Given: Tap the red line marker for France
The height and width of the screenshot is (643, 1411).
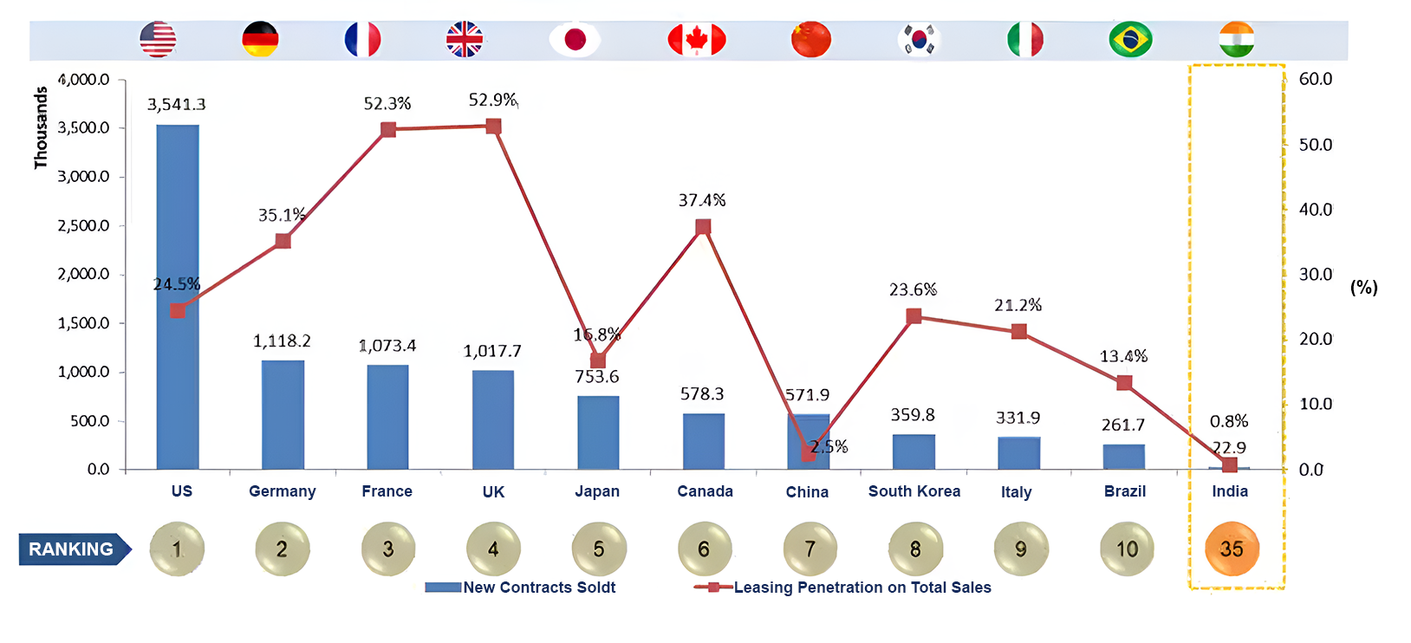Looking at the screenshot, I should point(388,130).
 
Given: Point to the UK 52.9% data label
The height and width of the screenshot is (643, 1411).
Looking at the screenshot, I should point(492,100).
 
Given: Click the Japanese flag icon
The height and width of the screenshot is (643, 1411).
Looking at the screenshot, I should point(575,39).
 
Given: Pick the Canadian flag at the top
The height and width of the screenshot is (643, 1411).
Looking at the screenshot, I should point(696,39).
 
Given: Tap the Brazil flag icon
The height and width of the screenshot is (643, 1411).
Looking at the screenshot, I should point(1130,39).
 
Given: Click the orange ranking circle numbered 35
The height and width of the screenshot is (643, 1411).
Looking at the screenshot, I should point(1232,549).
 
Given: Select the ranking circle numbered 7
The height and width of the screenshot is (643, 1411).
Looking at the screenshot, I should point(810,549).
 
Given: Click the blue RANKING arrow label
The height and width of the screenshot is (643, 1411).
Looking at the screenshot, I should point(74,549).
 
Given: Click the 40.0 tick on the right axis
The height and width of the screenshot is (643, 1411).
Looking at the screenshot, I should point(1315,209).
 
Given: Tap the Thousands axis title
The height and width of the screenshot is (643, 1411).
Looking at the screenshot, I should point(40,127).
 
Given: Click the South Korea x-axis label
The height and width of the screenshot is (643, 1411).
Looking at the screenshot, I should point(914,491).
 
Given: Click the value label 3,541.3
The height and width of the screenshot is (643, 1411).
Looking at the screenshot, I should point(177,105).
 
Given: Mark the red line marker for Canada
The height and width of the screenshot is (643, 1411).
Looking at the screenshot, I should point(703,227).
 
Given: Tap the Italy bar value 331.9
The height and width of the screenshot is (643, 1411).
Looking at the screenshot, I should point(1018,418).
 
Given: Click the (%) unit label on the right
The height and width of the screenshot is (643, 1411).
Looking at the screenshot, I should point(1363,287).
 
